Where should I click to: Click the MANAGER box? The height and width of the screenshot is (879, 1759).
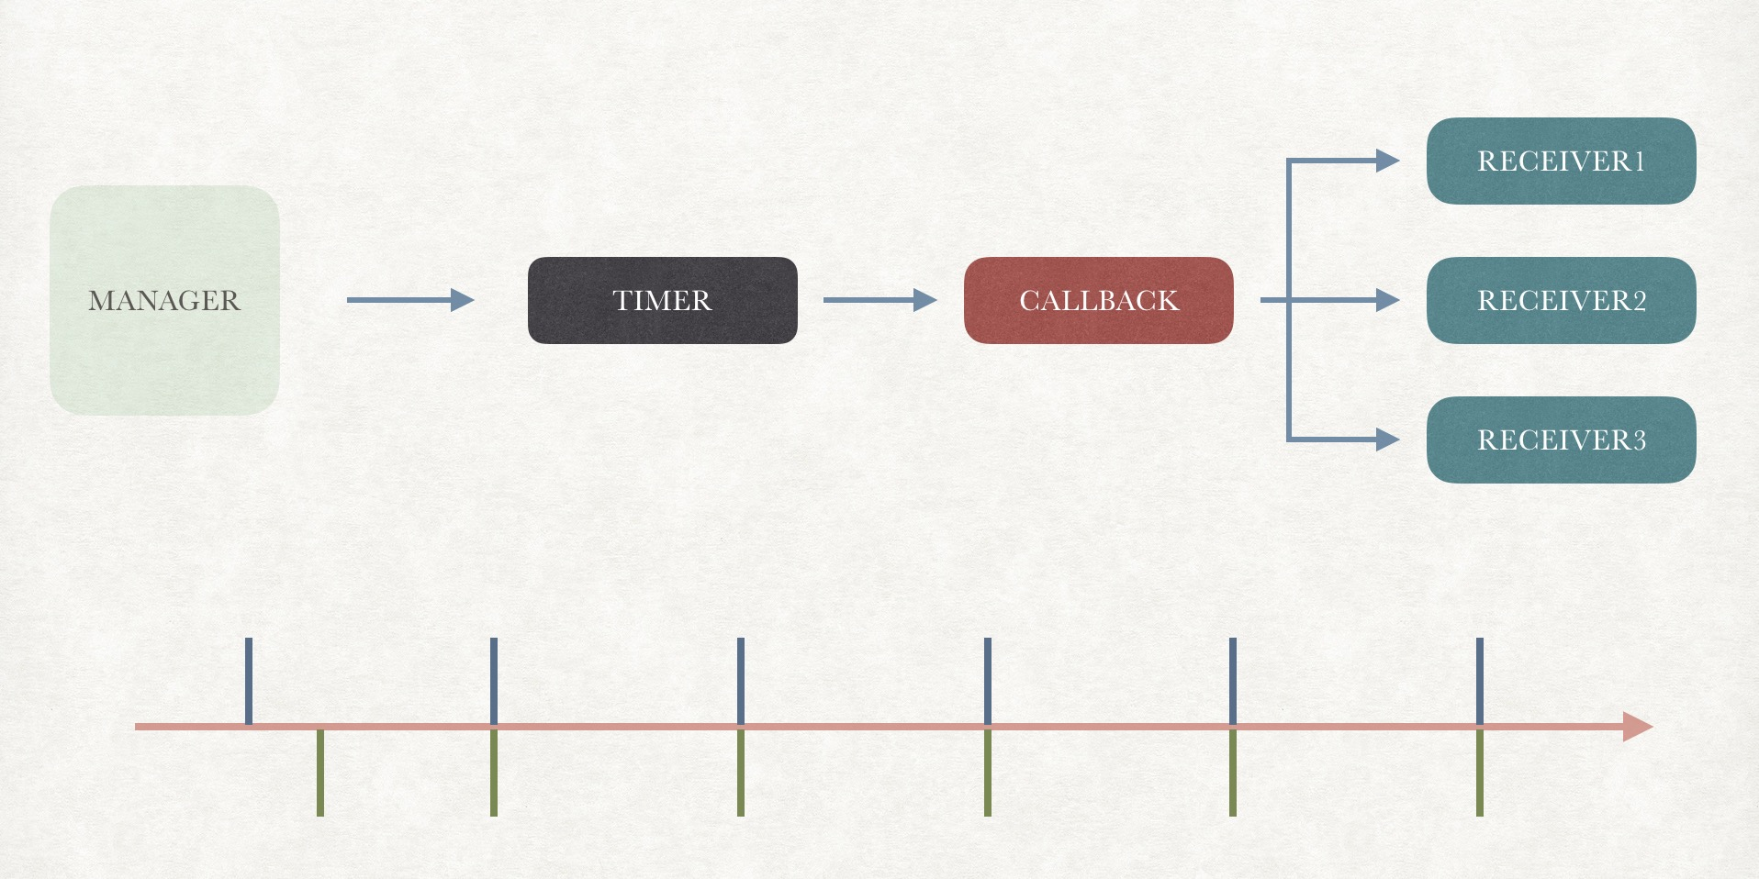[164, 300]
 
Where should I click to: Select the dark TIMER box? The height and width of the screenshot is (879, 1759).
[662, 300]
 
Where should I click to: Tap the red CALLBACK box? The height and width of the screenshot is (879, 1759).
[1098, 300]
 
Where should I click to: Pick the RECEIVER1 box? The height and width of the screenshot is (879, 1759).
[1561, 161]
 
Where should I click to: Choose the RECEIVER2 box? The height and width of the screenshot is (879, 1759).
[1561, 300]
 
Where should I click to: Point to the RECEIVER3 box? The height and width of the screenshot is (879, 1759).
[1561, 439]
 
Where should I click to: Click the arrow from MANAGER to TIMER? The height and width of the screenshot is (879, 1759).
[409, 300]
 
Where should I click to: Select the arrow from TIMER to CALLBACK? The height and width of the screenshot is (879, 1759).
[879, 300]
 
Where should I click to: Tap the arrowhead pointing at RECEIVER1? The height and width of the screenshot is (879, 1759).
[1387, 161]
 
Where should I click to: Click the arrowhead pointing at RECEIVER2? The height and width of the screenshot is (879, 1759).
[1387, 300]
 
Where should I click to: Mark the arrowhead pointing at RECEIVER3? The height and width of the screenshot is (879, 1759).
[1387, 439]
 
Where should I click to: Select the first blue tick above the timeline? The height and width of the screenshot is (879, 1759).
[249, 680]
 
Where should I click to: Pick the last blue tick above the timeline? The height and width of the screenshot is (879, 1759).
[1480, 680]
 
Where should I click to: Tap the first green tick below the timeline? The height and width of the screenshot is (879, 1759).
[320, 773]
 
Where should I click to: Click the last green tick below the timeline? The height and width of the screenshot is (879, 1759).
[1480, 773]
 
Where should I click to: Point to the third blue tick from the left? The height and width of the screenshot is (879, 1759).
[741, 680]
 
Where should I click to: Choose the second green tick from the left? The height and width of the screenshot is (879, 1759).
[494, 773]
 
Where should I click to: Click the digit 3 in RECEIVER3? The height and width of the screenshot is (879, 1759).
[1639, 440]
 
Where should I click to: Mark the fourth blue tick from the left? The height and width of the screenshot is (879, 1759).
[988, 680]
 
